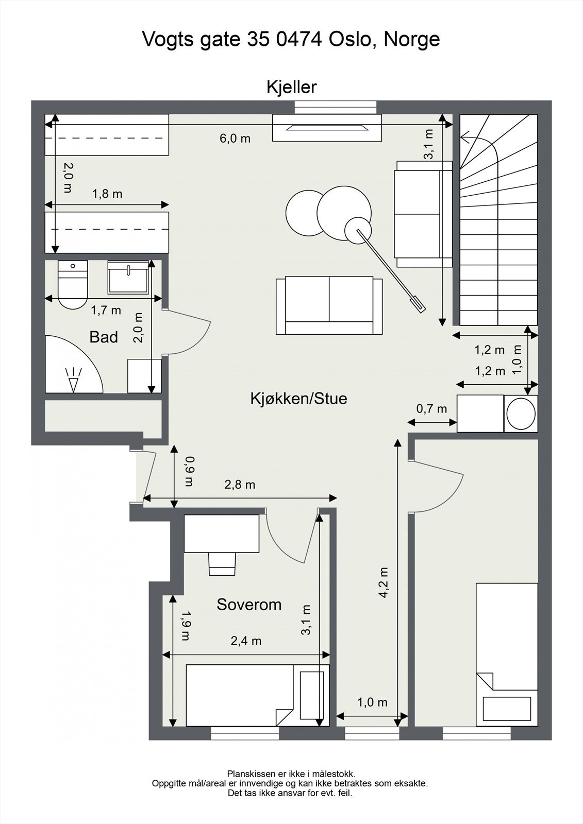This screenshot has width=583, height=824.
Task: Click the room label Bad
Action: tap(104, 337)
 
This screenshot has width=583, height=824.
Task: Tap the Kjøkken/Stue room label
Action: tap(298, 399)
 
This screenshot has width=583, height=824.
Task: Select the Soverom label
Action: tap(249, 605)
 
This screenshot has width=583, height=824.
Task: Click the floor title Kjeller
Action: tap(291, 87)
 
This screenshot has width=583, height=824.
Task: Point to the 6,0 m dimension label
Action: tap(235, 139)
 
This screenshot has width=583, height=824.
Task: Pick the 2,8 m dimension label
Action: tap(240, 485)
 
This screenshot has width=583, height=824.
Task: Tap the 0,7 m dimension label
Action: tap(431, 408)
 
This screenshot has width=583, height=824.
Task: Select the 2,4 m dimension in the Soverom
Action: tap(246, 641)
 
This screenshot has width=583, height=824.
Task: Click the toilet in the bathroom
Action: tap(73, 284)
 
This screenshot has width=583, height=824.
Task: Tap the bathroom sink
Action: tap(128, 277)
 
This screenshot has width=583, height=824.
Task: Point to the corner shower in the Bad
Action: tap(74, 364)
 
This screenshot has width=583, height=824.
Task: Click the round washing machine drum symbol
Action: tap(521, 413)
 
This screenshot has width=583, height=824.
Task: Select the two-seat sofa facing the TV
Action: tap(329, 305)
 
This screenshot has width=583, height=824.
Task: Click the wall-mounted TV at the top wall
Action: tap(327, 128)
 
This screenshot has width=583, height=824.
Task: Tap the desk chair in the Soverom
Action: tap(222, 563)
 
